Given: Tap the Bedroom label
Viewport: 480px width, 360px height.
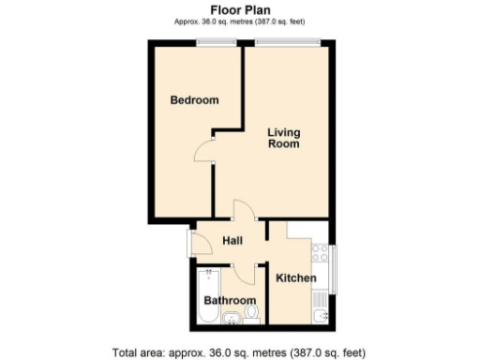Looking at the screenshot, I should point(194,100).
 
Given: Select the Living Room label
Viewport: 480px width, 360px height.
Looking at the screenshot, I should point(283,138).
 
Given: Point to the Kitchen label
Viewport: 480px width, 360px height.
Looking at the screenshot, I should point(295,278).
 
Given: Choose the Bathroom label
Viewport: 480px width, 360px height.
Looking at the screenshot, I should point(230,301).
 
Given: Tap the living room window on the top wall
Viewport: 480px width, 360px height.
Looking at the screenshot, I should point(288,41).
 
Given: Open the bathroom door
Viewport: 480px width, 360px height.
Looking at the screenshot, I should point(245,273).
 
